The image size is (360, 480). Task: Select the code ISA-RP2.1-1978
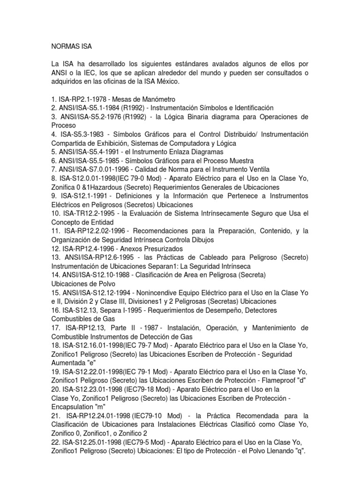[83, 99]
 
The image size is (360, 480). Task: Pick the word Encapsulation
[73, 406]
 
